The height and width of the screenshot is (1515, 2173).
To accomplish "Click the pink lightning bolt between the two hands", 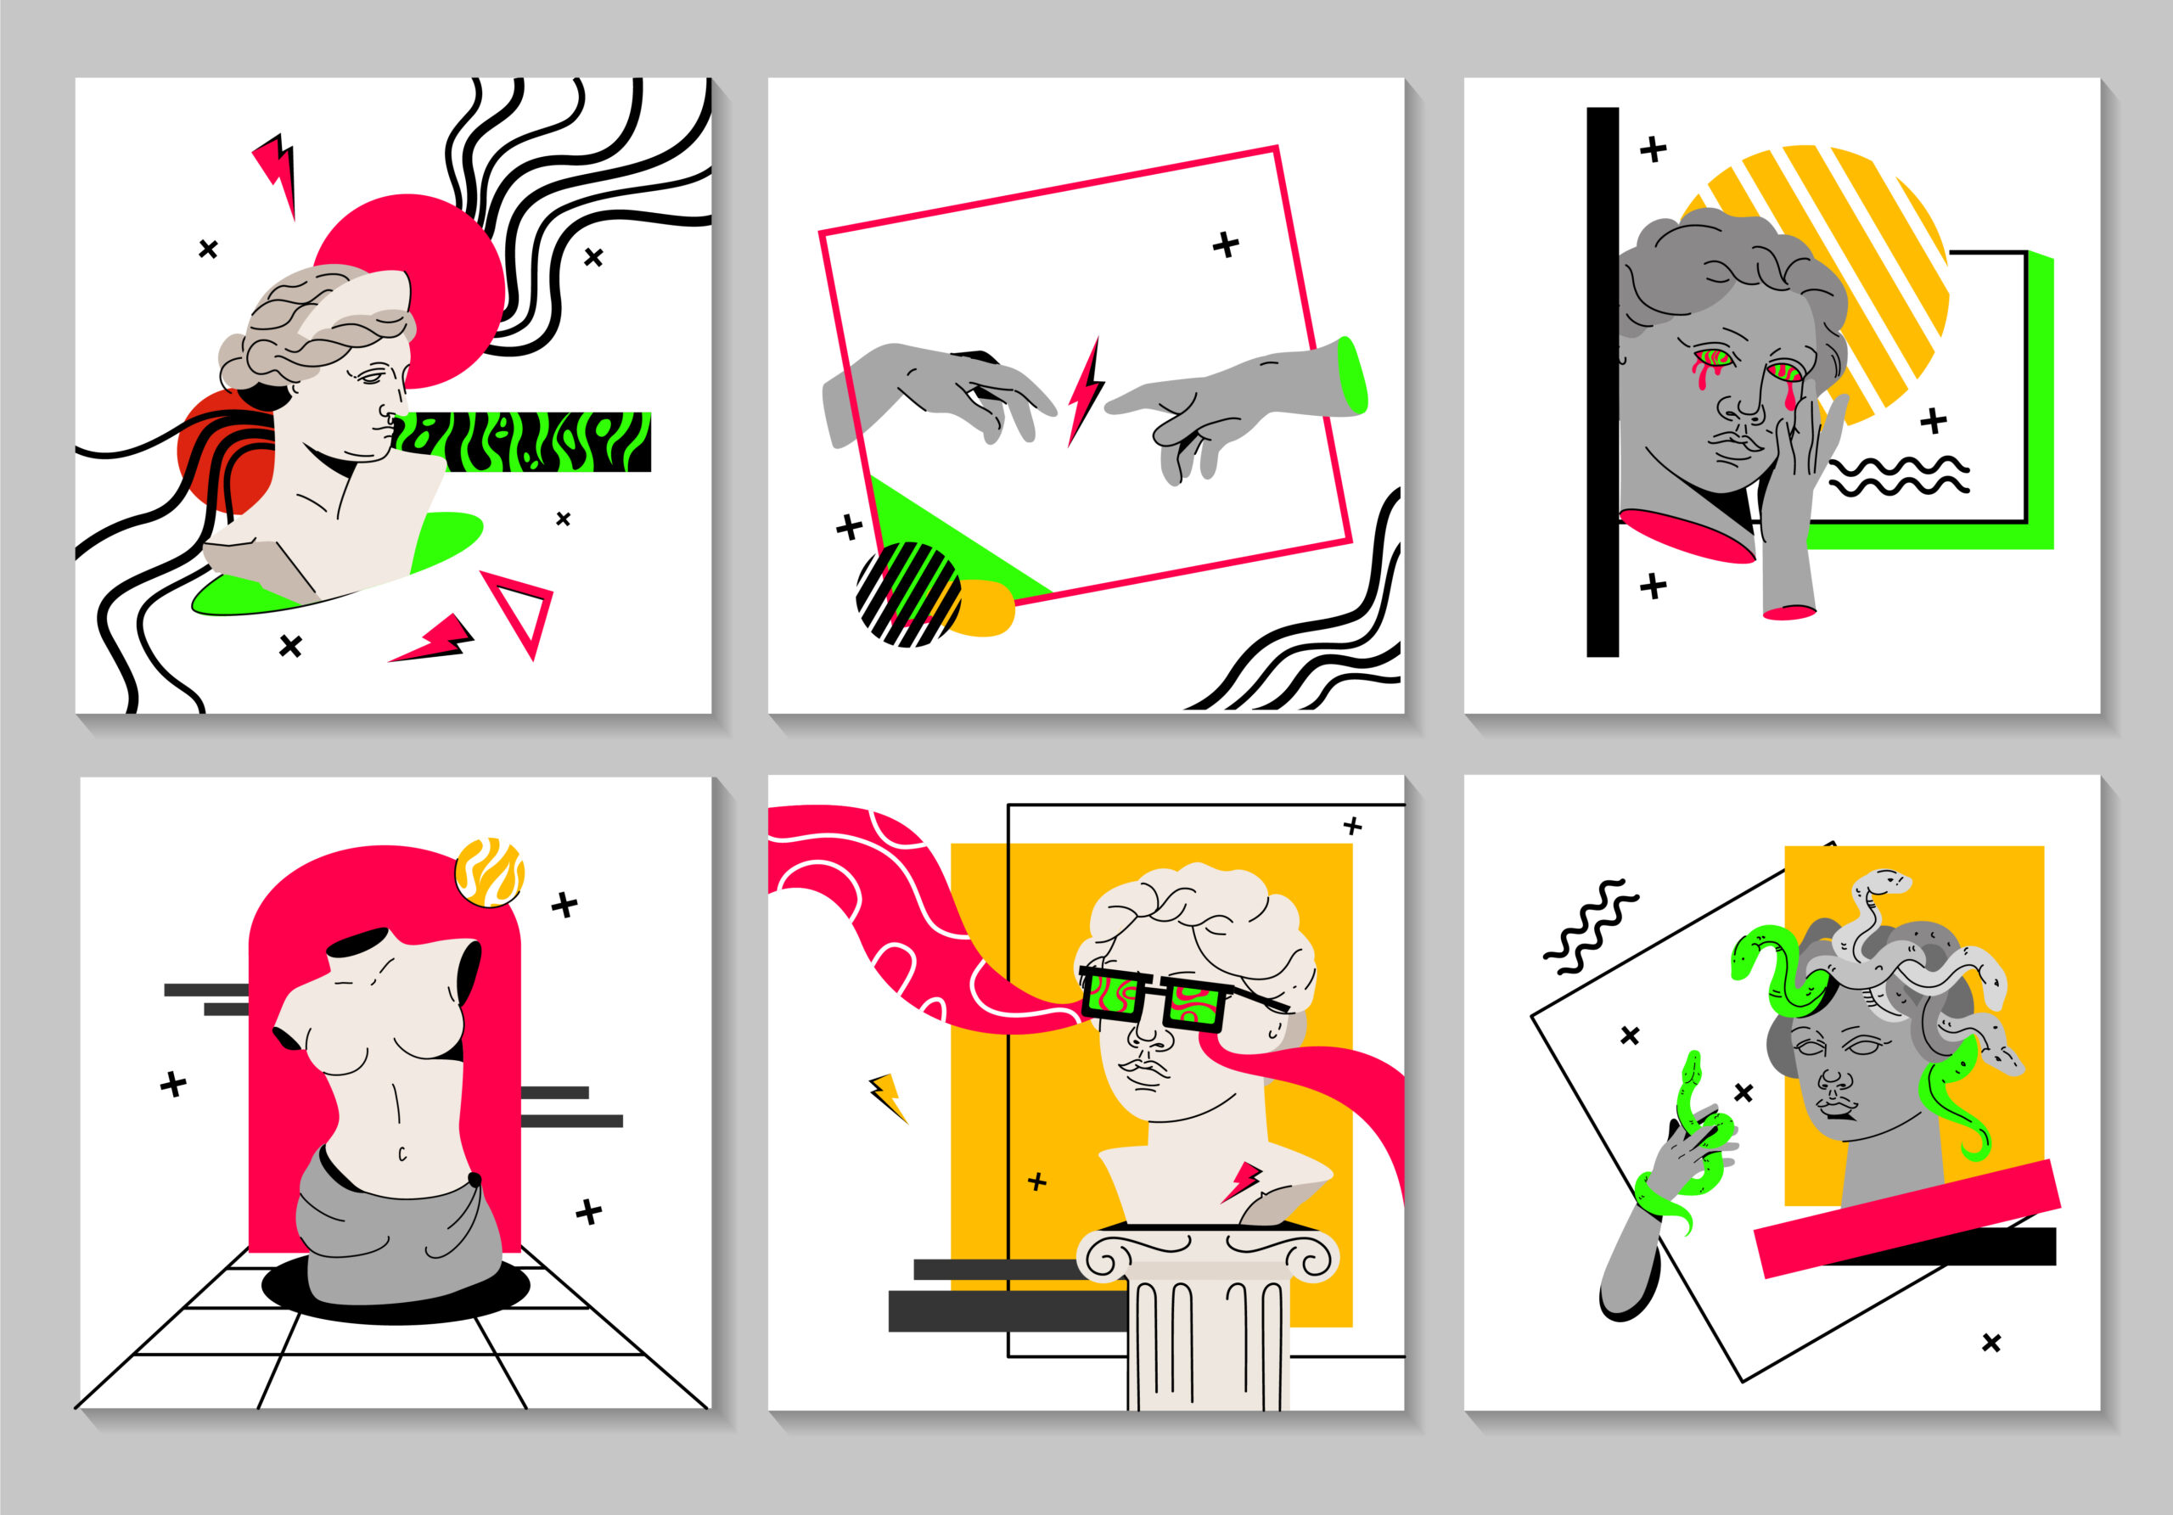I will coord(1085,390).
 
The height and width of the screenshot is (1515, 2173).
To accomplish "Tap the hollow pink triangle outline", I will coord(521,610).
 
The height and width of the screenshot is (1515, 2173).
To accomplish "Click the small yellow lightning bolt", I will coord(888,1096).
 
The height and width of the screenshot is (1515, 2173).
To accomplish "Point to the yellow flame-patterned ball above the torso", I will coord(489,872).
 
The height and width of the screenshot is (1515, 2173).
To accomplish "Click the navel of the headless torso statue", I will coord(401,1153).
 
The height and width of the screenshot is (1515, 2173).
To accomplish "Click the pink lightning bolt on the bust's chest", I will coord(1242,1180).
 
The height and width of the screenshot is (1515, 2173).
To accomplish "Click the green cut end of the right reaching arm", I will coord(1353,376).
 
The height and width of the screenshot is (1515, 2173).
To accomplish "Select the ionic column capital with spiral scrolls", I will coord(1208,1254).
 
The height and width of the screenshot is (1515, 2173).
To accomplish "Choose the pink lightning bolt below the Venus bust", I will coord(435,640).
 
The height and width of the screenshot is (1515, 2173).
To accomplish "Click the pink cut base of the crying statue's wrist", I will coord(1788,612).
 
